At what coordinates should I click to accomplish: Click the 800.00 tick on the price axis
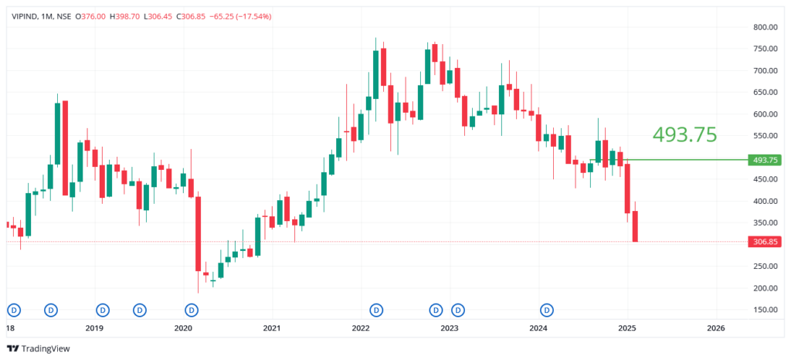point(765,27)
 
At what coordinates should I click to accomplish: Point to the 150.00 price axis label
point(765,310)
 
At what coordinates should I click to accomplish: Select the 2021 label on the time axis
point(272,328)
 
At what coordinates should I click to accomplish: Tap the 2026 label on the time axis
point(716,328)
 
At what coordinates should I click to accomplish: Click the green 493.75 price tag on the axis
point(766,160)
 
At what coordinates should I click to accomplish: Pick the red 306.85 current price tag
point(766,242)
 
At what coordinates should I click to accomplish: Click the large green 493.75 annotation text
point(684,134)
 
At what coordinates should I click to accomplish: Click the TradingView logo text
point(45,348)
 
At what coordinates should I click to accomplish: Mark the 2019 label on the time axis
point(94,328)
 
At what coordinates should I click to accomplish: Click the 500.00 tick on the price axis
point(765,158)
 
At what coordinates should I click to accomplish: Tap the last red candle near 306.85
point(636,226)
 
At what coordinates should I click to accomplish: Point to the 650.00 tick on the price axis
point(765,92)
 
